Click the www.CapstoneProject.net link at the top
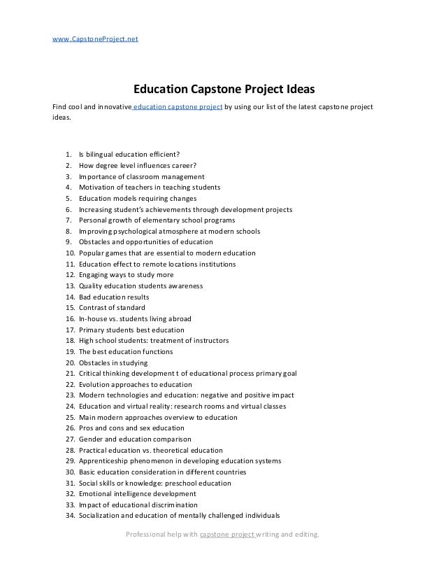[x=96, y=39]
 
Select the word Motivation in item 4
[x=99, y=188]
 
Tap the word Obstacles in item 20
[x=95, y=362]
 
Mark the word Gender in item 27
[x=91, y=439]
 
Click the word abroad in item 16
[x=177, y=318]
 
